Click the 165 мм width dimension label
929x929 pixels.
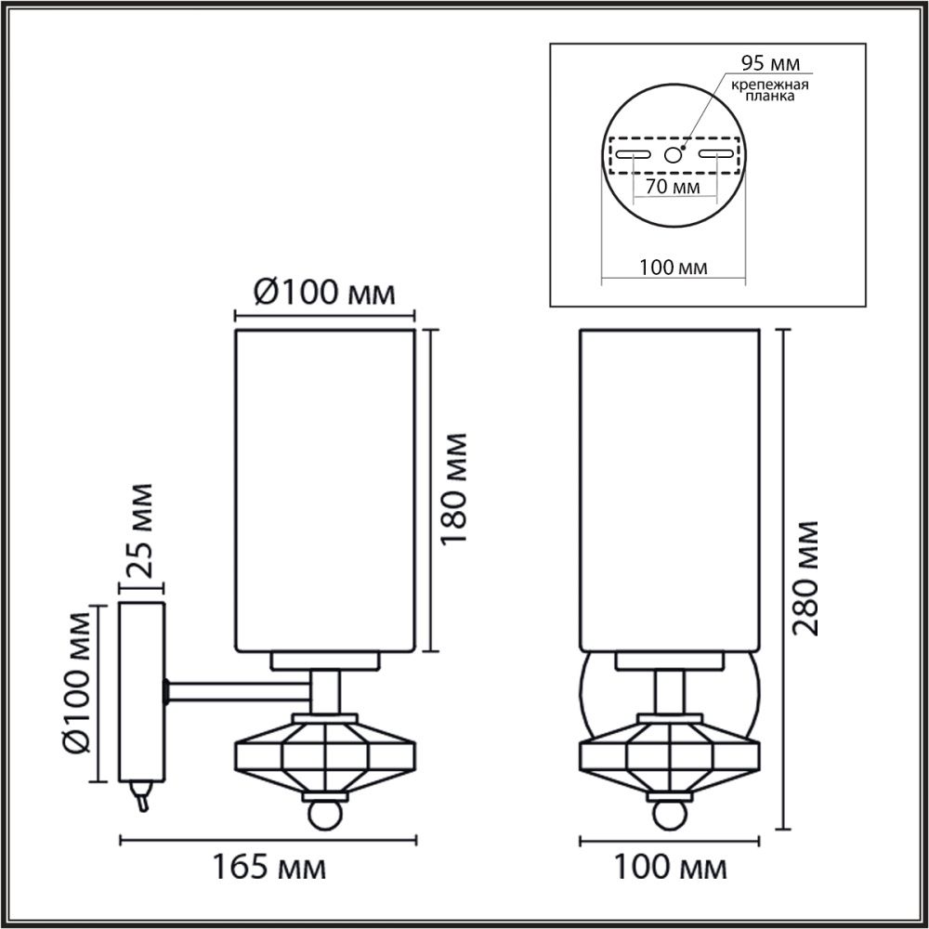coord(269,869)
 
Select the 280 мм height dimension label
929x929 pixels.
coord(805,578)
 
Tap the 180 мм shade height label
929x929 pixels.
coord(455,489)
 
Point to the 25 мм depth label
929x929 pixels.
coord(140,530)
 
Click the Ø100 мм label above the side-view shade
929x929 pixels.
coord(324,292)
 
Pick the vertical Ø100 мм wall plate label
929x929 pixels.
coord(77,682)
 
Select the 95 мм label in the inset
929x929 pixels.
coord(770,63)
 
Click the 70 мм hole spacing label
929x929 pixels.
coord(673,187)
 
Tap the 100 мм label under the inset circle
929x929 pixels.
coord(673,268)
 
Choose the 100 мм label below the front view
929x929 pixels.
coord(670,869)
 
